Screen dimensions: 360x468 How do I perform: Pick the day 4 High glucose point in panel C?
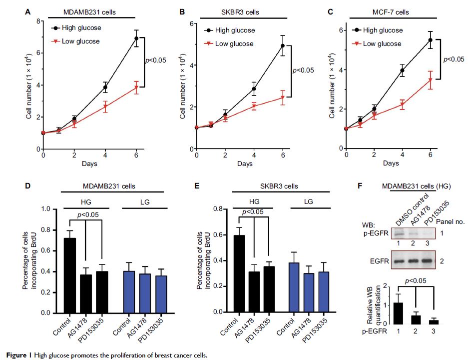[402, 70]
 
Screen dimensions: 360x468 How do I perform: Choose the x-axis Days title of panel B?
[244, 164]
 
